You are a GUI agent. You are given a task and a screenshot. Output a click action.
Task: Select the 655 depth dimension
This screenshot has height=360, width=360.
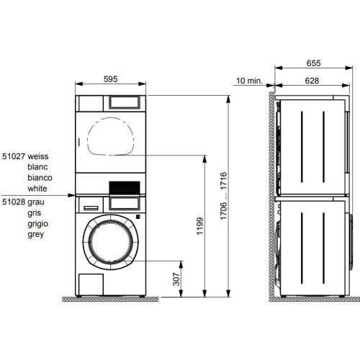click(x=311, y=63)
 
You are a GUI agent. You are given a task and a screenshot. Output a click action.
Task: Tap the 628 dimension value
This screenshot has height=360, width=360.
click(x=311, y=81)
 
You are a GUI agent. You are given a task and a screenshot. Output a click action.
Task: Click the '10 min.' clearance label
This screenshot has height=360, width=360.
click(x=248, y=81)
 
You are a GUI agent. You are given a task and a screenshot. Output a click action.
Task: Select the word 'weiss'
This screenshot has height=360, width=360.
click(x=40, y=155)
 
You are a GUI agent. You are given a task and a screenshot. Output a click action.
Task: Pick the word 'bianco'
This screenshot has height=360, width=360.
click(x=40, y=176)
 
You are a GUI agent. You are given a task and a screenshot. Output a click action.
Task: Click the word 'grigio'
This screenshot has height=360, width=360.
click(x=40, y=224)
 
